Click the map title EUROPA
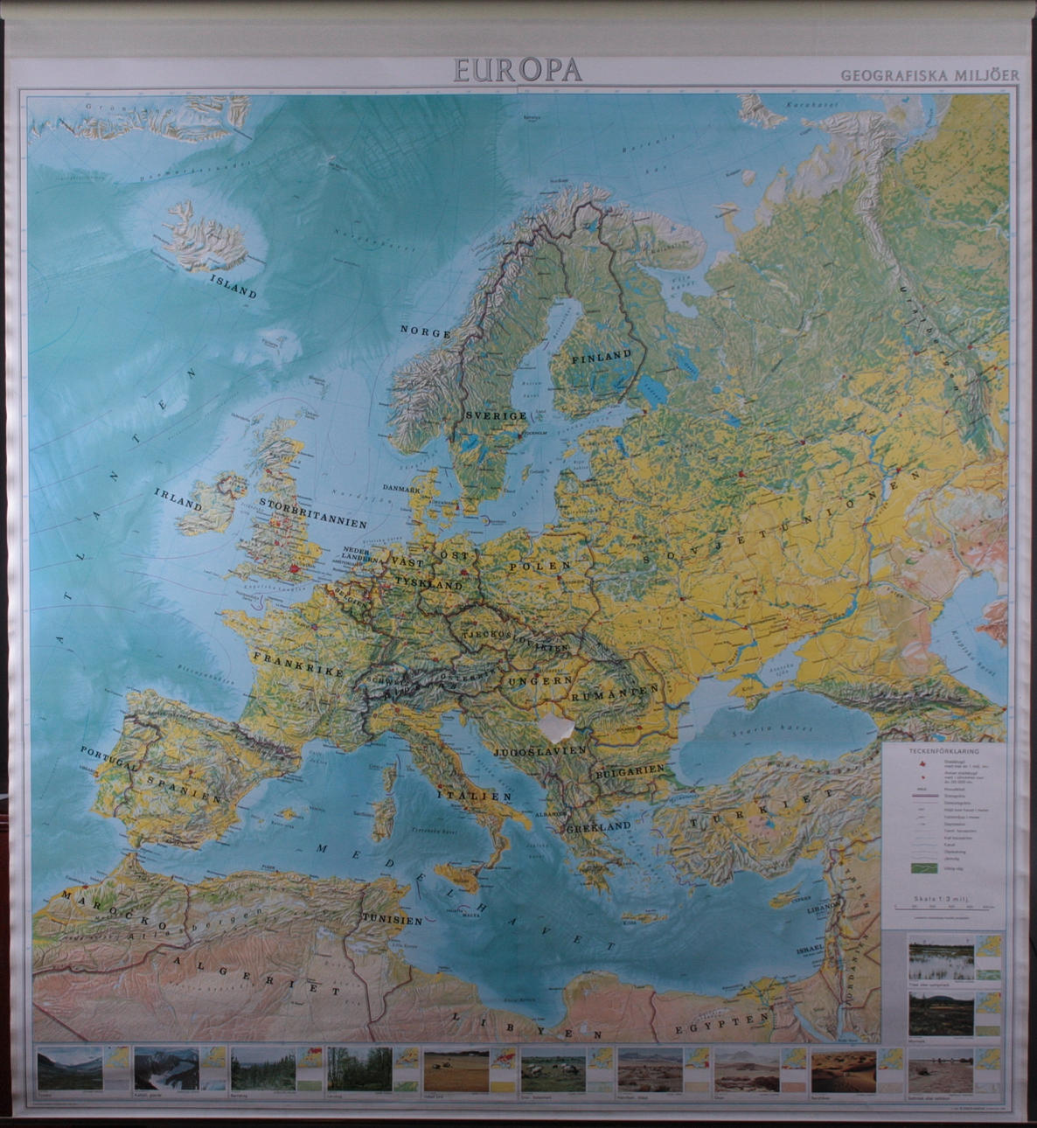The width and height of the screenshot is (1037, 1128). click(x=517, y=69)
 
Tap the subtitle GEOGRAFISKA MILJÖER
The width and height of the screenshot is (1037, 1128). click(x=929, y=75)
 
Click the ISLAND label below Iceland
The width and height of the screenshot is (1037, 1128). click(x=233, y=286)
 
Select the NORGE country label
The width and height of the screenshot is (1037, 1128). click(x=425, y=332)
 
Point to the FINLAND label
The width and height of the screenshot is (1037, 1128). click(x=601, y=356)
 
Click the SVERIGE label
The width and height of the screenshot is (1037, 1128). click(x=495, y=415)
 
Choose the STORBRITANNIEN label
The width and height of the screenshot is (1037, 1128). click(x=312, y=514)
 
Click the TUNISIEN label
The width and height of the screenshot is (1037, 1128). click(x=391, y=920)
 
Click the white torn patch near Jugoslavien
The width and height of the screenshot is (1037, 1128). click(x=556, y=725)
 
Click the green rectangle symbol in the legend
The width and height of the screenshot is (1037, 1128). click(x=923, y=868)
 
